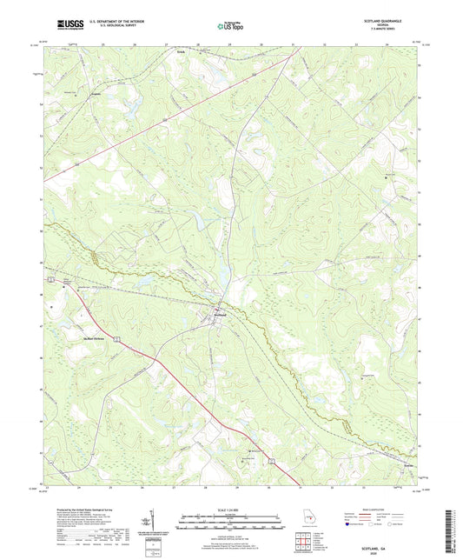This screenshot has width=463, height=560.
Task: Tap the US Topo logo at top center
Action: (x=230, y=26)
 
